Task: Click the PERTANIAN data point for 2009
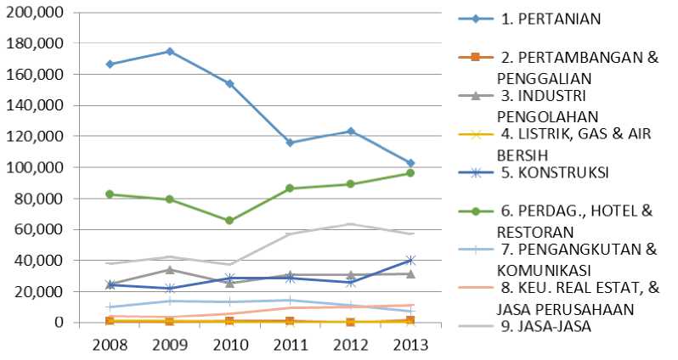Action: pos(170,52)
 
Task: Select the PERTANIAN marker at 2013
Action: pos(410,163)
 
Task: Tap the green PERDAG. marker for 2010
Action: pos(229,221)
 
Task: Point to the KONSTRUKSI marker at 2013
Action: pos(410,261)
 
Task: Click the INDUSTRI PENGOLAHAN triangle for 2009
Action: pos(170,270)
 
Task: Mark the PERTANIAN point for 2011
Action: pos(290,143)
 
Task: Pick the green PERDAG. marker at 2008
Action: pos(110,194)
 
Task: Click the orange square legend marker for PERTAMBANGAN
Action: pos(476,57)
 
